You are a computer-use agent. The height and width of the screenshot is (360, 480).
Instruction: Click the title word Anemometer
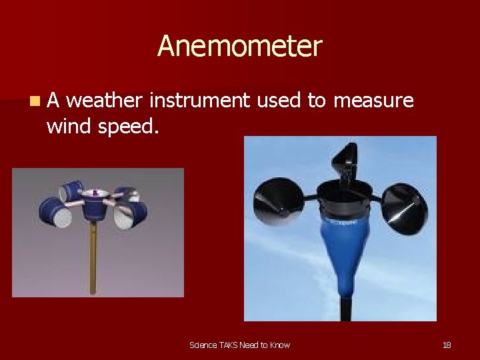[239, 47]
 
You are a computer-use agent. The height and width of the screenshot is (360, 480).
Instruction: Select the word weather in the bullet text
[105, 101]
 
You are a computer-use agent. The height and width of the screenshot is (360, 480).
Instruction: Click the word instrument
[199, 101]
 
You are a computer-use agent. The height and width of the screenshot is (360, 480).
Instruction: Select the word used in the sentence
[279, 101]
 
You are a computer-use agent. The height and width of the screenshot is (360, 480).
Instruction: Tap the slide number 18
[447, 345]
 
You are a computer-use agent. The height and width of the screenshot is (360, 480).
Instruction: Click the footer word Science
[203, 345]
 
